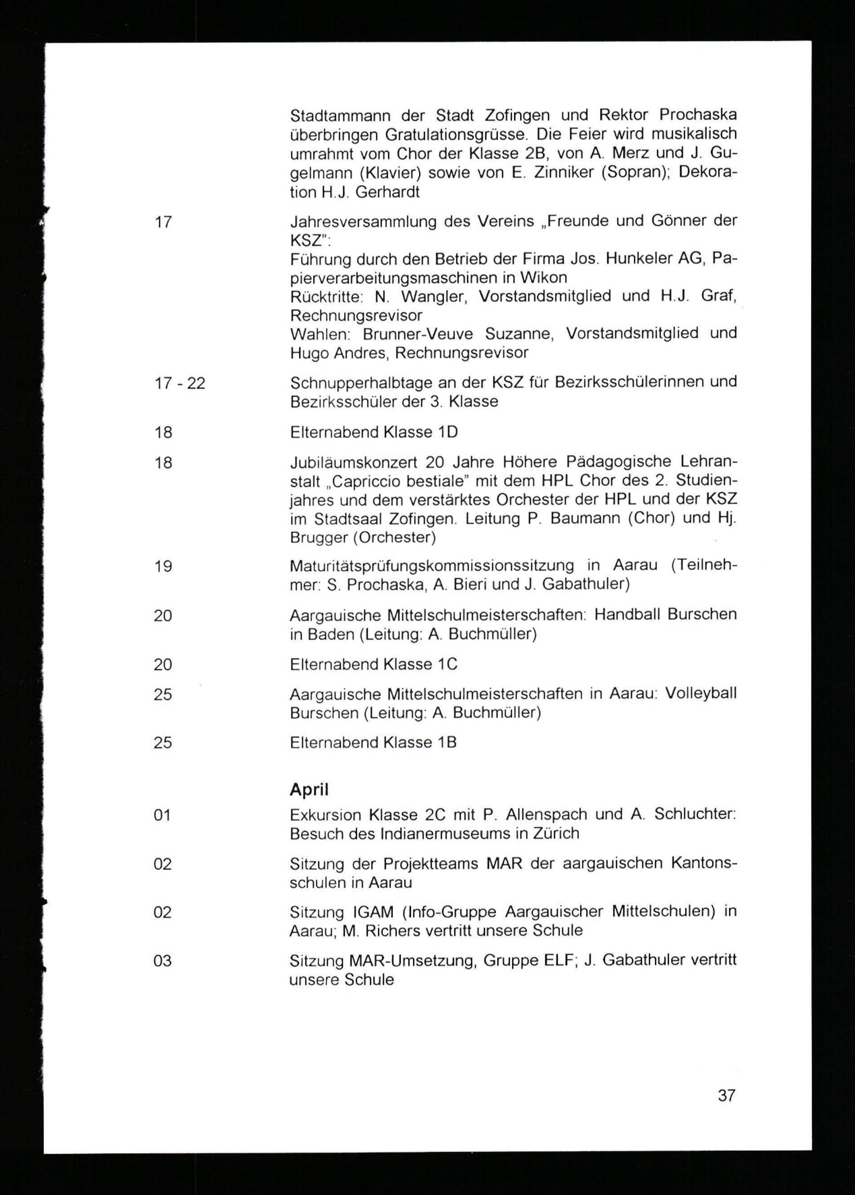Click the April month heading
309,789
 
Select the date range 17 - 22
180,383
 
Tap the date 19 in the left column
163,566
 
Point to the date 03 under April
162,961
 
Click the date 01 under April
162,815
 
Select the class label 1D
448,432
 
